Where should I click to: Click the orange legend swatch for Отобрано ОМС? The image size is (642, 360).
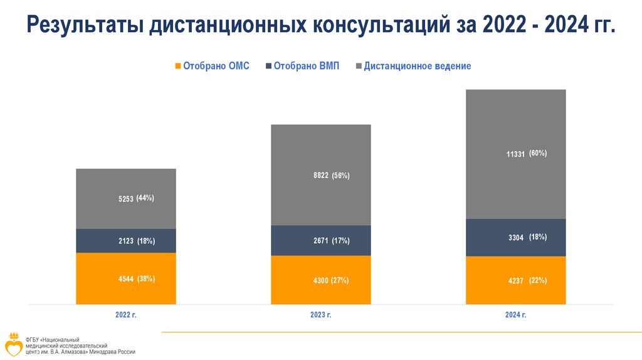[178, 66]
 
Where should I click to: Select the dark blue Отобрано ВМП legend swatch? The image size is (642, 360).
[270, 66]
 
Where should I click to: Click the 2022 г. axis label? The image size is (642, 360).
[125, 314]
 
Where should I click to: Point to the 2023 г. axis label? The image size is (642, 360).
[320, 314]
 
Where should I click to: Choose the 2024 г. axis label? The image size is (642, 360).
[515, 314]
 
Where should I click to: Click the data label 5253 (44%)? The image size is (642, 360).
[136, 198]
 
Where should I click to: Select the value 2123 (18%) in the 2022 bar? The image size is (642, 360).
[136, 241]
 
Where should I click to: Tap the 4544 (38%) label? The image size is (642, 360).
[136, 279]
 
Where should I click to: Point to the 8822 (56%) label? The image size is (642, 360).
[331, 176]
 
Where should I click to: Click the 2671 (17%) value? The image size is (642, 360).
[331, 241]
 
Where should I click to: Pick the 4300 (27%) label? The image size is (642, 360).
[331, 280]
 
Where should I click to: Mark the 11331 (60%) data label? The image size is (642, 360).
[527, 153]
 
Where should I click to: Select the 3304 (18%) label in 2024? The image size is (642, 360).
[527, 238]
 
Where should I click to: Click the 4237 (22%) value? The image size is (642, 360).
[527, 281]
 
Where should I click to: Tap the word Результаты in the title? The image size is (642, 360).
[85, 28]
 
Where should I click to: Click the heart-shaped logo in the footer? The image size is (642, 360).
[14, 346]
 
